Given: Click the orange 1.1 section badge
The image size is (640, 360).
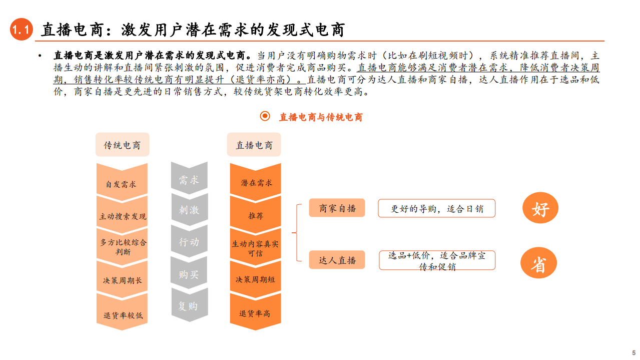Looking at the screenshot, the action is tap(22, 31).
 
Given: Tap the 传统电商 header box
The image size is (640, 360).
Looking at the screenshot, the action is tap(122, 145).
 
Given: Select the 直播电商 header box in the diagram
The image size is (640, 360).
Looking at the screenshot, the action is tap(254, 145).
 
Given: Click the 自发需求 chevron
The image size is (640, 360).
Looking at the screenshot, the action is tap(122, 182).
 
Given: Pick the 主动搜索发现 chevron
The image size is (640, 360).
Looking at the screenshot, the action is tap(122, 215).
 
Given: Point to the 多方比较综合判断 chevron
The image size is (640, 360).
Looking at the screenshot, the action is tap(122, 247).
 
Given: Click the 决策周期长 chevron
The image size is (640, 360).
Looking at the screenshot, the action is tap(122, 279).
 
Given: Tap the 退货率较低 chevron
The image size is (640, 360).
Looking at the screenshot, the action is tap(122, 314).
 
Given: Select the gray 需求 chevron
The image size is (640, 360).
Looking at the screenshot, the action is tap(189, 180).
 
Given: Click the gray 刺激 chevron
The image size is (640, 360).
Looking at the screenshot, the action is tap(189, 210).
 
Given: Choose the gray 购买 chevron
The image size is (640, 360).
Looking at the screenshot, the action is tap(189, 274).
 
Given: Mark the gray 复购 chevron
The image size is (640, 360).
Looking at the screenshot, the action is tap(189, 305).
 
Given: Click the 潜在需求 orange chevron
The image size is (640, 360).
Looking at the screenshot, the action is tap(255, 182).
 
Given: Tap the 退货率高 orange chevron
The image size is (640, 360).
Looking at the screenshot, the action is tap(255, 313).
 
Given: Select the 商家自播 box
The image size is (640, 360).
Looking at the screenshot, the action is tap(337, 208).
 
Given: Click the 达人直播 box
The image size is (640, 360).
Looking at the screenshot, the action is tap(337, 260).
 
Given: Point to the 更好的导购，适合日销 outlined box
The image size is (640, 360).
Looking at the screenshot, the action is tap(436, 208).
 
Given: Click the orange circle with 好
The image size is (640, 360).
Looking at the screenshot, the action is tap(540, 208).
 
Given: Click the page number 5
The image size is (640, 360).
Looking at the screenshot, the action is tap(633, 352).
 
